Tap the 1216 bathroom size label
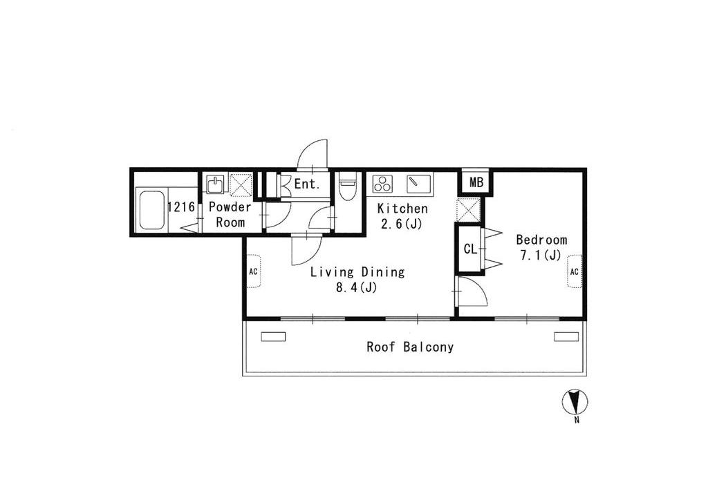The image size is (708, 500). (x=181, y=207)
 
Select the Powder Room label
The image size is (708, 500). (x=230, y=215)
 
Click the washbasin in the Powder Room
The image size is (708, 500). (x=216, y=184)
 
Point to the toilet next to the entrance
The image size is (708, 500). (x=348, y=186)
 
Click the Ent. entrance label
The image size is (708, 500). (x=307, y=184)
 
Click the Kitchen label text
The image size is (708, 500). (x=402, y=209)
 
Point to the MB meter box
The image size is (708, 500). (x=476, y=182)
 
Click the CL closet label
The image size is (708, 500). (x=470, y=249)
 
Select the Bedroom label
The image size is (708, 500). (x=541, y=240)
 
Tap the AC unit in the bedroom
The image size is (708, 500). (x=575, y=271)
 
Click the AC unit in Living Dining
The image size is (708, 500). (x=254, y=271)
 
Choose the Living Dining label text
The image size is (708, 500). (x=357, y=272)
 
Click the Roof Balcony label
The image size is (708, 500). (x=410, y=347)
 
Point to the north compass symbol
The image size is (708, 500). (x=575, y=401)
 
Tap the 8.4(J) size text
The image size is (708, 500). (x=356, y=288)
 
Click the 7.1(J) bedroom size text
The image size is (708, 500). (x=541, y=256)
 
